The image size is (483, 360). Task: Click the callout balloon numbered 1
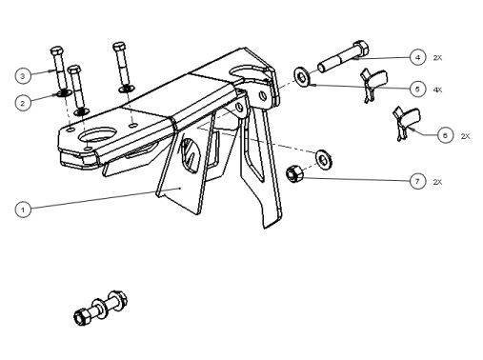click(23, 210)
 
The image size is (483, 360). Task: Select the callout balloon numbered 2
click(23, 103)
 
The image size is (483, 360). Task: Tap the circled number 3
click(23, 76)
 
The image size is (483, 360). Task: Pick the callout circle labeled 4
click(417, 58)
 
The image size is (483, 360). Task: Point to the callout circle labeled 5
click(417, 89)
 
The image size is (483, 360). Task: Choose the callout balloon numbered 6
click(445, 135)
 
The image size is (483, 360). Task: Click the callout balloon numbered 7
click(417, 182)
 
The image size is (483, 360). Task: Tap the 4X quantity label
click(437, 90)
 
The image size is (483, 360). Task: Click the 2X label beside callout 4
click(437, 58)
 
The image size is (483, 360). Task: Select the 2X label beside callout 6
click(466, 136)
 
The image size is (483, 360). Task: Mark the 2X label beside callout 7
click(437, 182)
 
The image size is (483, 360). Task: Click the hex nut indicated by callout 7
click(293, 173)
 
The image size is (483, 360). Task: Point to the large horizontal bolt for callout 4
click(344, 57)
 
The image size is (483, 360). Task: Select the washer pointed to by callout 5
click(301, 76)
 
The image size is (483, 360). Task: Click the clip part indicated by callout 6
click(407, 123)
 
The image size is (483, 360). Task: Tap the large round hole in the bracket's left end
click(97, 134)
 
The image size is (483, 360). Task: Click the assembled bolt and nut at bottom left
click(100, 308)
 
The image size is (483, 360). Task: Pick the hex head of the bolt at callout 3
click(56, 50)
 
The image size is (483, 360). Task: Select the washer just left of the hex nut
click(323, 159)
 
